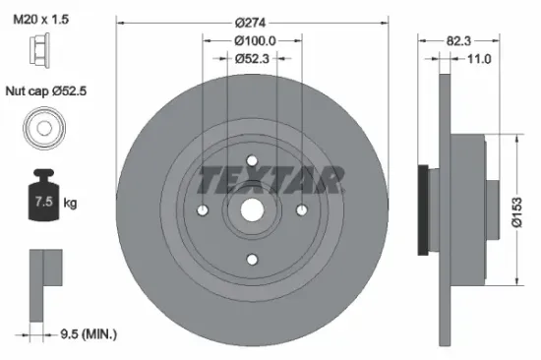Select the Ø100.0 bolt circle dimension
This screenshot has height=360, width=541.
254,40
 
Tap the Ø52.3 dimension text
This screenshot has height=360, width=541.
254,59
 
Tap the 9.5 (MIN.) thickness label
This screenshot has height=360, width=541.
89,334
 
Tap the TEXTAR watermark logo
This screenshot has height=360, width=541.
272,180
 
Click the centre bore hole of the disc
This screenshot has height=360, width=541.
253,210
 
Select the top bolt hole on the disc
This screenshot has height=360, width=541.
253,161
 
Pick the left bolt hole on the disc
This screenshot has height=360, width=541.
204,210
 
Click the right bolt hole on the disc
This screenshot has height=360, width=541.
302,210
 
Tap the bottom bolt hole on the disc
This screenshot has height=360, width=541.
253,260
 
